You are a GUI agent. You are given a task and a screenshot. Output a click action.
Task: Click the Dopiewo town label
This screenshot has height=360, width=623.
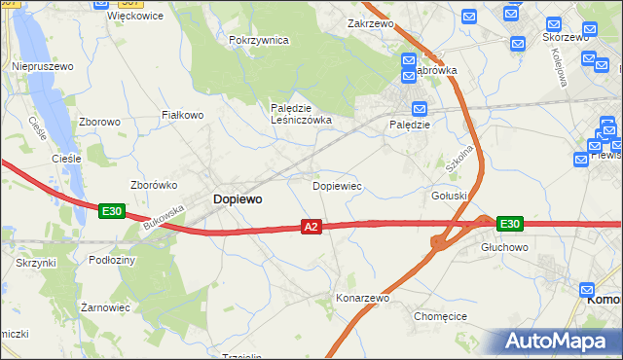[x=237, y=198]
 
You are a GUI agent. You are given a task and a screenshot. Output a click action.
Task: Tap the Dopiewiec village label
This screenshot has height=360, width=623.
[x=338, y=185]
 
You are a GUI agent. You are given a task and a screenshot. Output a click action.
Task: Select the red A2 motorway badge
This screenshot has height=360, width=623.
[x=311, y=227]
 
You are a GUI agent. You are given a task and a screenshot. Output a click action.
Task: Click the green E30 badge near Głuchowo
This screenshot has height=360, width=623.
[x=509, y=224]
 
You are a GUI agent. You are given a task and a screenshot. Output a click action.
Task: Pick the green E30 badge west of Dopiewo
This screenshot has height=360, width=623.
[x=111, y=210]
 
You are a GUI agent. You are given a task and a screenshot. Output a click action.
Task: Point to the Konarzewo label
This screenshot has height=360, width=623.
[x=362, y=298]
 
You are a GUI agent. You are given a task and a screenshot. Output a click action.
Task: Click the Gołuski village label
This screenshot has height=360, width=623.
[x=450, y=196]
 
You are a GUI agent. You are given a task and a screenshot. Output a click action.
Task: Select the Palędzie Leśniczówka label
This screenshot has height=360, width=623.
[x=301, y=114]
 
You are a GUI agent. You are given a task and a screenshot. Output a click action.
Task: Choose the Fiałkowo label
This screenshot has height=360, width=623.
[x=181, y=115]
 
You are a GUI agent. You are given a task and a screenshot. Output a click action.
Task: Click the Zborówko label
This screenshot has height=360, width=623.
[x=153, y=185]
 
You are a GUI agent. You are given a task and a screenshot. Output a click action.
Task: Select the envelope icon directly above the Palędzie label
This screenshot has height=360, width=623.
[x=420, y=109]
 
